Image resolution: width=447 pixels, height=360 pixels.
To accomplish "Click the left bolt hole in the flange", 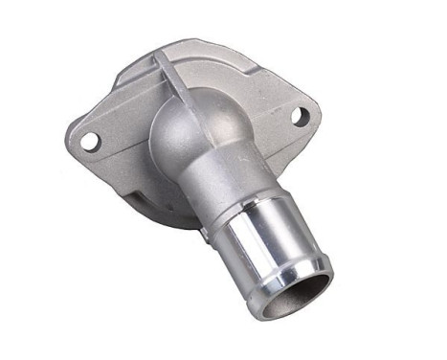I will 90,141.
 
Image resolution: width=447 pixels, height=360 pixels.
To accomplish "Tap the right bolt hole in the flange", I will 299,117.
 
